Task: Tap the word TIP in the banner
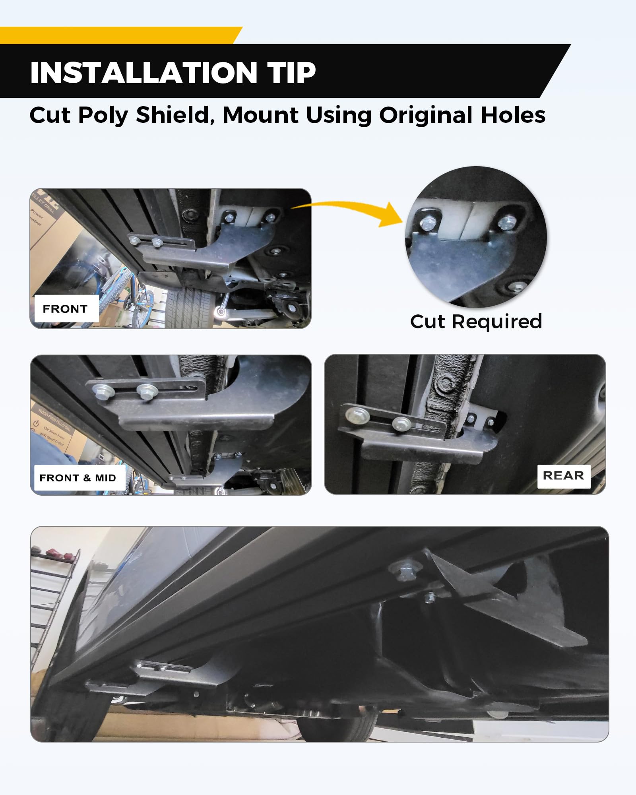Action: point(292,73)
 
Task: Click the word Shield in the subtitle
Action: point(173,115)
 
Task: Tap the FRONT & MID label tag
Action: point(78,478)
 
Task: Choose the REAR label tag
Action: point(563,475)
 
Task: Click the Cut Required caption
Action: point(476,321)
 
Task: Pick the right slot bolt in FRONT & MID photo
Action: point(147,391)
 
